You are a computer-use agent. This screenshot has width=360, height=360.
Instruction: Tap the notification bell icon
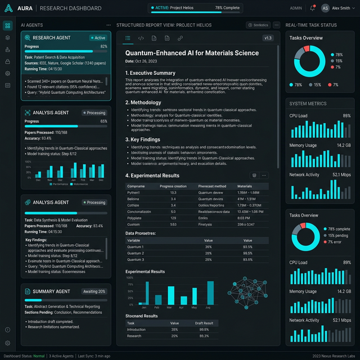[x=312, y=8]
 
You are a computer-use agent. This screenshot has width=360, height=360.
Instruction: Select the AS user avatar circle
[x=325, y=8]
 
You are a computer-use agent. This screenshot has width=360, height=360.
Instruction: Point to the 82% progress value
[x=103, y=46]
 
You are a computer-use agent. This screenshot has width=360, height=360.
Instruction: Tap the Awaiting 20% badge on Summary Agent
[x=94, y=291]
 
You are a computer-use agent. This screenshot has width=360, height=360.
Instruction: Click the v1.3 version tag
[x=268, y=38]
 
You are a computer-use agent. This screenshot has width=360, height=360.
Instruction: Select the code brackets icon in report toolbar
[x=141, y=38]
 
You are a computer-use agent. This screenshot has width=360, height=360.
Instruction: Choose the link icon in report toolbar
[x=180, y=38]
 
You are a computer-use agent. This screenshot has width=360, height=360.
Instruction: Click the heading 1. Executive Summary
[x=150, y=73]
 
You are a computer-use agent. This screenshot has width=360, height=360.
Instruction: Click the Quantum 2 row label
[x=136, y=253]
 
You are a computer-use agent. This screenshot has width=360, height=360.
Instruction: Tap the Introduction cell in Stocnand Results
[x=137, y=330]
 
